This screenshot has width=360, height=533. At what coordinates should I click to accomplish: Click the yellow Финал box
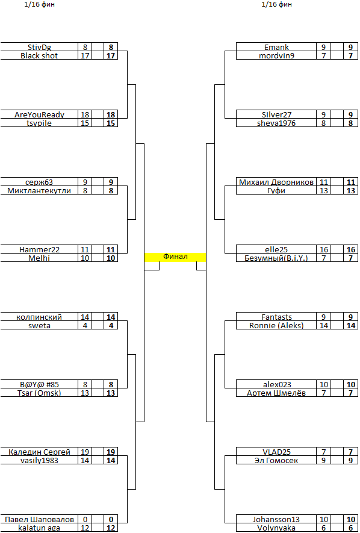[175, 257]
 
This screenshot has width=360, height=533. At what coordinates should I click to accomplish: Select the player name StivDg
[39, 47]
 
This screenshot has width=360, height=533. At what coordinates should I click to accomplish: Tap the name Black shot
[39, 56]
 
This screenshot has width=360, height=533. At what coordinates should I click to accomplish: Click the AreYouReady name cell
[39, 114]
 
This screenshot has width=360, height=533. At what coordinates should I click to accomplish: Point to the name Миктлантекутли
[39, 190]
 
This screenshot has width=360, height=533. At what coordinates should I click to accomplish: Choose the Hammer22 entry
[39, 249]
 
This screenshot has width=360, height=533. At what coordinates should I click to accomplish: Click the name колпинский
[39, 317]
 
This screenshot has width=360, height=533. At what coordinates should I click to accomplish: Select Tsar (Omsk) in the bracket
[39, 393]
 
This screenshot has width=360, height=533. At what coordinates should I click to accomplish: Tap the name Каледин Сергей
[39, 452]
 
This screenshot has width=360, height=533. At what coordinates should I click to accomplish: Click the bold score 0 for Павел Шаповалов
[111, 519]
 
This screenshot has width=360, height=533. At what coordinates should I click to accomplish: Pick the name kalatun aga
[39, 528]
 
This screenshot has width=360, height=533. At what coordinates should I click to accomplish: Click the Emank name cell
[276, 47]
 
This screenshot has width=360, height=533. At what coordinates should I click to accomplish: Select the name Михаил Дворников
[276, 182]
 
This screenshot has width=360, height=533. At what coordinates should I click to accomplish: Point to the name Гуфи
[276, 190]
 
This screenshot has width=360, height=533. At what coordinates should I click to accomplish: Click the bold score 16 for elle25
[351, 249]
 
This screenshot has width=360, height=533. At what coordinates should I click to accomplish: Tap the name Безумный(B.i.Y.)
[276, 258]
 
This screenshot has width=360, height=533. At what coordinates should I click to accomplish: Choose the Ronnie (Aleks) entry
[276, 325]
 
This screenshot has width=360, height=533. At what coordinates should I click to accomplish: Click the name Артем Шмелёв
[276, 393]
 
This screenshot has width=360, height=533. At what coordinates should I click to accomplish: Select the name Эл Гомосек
[276, 460]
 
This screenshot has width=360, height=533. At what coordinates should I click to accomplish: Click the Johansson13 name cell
[276, 519]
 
